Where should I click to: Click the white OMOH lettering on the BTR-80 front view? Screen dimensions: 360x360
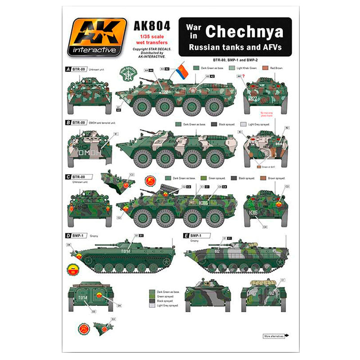(x=89, y=153)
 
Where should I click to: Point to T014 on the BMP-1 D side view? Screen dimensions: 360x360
(x=126, y=251)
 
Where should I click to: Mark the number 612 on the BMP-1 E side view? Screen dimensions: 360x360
(x=217, y=251)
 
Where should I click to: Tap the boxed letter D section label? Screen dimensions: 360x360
(x=68, y=235)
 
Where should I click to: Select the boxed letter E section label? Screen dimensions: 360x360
(x=186, y=235)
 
